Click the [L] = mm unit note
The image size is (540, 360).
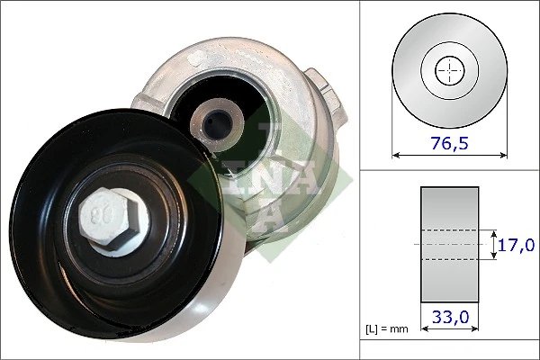tap(388, 329)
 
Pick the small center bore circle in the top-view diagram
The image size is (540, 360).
tap(450, 70)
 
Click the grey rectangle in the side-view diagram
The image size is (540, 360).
tap(449, 244)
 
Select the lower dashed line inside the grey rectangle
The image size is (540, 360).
tap(449, 260)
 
